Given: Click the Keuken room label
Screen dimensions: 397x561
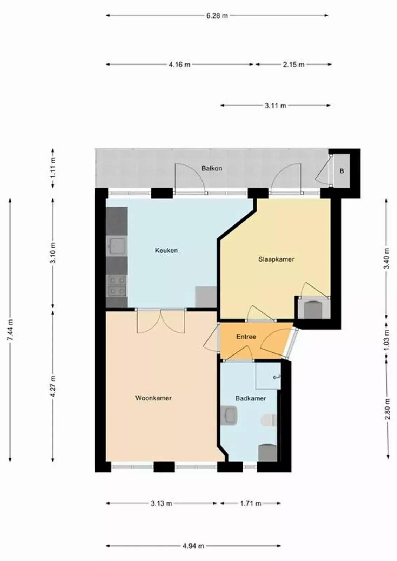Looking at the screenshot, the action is [x=166, y=250].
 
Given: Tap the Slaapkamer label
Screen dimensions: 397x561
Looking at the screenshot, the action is [x=276, y=259].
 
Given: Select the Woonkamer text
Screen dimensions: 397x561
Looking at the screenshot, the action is [x=153, y=398].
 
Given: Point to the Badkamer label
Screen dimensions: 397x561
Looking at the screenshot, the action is [x=251, y=398].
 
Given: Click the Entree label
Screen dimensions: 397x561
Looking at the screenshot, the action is [x=246, y=337].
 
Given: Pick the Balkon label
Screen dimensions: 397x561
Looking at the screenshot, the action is [x=212, y=168].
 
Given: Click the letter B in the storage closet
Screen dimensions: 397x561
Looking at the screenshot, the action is [x=342, y=171].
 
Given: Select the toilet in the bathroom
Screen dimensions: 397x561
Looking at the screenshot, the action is [x=269, y=420].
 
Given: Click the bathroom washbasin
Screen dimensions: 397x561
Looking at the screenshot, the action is [x=229, y=415].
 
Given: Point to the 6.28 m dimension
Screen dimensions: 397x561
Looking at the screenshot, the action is [x=217, y=15].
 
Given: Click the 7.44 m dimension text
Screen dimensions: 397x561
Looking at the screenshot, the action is [x=10, y=330].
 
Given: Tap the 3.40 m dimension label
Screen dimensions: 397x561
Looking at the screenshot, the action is [x=386, y=258].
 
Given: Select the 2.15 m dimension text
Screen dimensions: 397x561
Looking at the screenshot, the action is [x=294, y=65].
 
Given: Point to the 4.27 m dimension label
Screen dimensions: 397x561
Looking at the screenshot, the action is [x=53, y=386].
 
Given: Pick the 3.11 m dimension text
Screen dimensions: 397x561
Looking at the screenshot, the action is [x=275, y=106].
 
